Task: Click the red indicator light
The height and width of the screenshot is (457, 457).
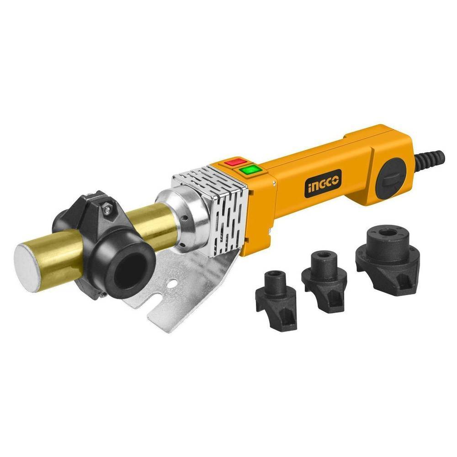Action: (x=233, y=162)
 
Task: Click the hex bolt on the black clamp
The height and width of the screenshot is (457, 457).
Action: (x=108, y=207)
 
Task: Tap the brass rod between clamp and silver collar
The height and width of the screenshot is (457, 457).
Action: (x=155, y=224)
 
